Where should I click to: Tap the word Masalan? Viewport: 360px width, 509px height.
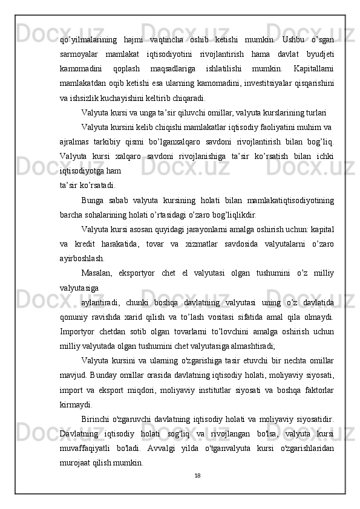(98, 273)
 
